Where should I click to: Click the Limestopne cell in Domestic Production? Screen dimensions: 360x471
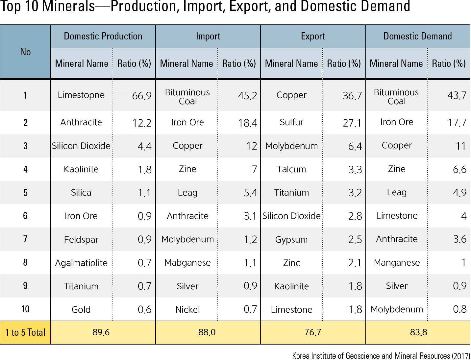pos(81,95)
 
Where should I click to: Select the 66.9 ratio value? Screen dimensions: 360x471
pos(141,96)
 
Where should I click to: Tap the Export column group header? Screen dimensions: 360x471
pos(312,36)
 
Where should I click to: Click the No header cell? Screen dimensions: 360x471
pos(25,52)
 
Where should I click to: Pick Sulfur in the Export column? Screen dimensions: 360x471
pos(291,122)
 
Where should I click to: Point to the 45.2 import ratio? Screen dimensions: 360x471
pos(247,96)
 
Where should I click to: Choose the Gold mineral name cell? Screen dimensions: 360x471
pos(81,310)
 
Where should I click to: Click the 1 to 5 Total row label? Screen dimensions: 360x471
pos(25,333)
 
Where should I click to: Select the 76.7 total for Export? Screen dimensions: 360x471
pos(312,333)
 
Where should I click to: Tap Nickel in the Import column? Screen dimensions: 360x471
pos(187,310)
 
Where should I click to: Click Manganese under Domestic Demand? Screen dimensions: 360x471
pos(397,263)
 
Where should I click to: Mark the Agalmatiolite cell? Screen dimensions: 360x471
pos(81,263)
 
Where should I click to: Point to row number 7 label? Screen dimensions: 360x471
pos(25,239)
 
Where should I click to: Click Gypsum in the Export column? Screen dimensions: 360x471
pos(291,240)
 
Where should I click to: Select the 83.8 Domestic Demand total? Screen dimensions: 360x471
pos(418,333)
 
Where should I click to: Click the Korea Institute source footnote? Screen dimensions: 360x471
pos(381,356)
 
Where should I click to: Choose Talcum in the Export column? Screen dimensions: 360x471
pos(291,169)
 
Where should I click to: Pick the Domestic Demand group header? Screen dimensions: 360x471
pos(417,36)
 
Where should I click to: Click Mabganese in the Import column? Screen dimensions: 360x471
pos(187,263)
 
